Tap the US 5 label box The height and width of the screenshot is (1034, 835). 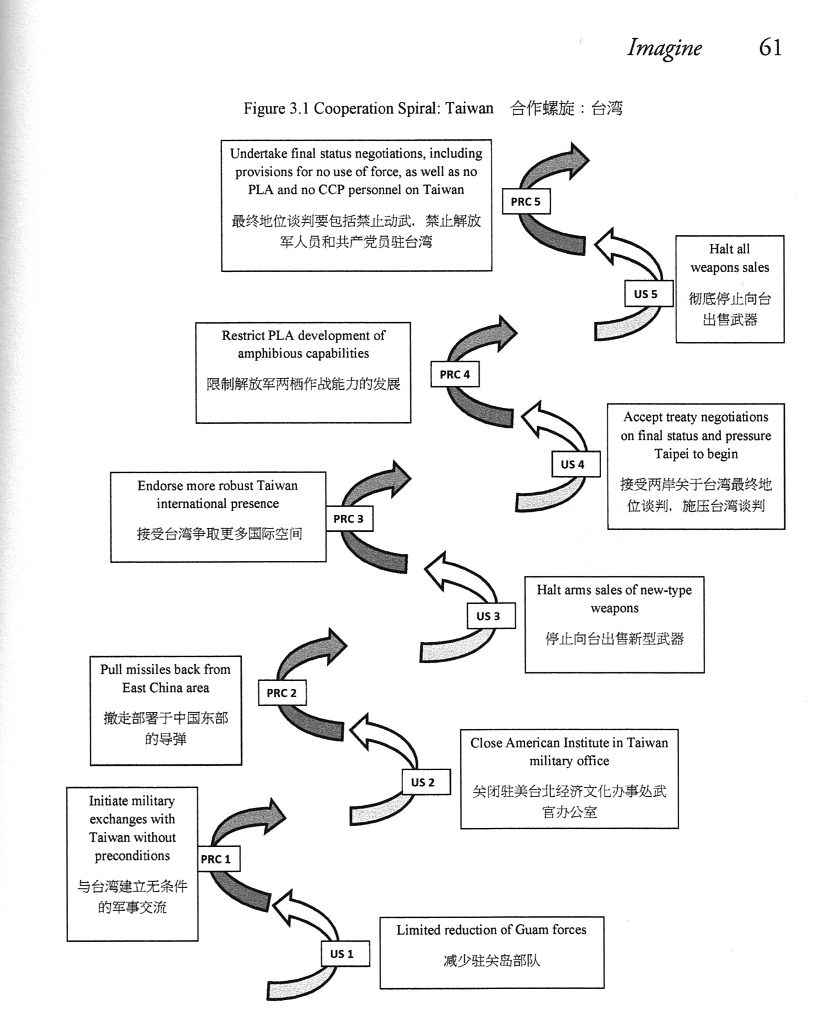[646, 294]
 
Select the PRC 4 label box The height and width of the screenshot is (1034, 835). [455, 375]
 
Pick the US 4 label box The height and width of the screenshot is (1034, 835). [576, 464]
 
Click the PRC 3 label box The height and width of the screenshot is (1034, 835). [349, 519]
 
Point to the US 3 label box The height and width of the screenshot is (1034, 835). [491, 616]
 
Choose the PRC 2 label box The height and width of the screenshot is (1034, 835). [282, 693]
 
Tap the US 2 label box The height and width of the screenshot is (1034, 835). [426, 782]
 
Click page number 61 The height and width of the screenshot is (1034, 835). [770, 47]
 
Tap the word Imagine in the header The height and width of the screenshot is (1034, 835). [664, 48]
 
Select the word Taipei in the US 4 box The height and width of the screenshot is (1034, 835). [671, 454]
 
